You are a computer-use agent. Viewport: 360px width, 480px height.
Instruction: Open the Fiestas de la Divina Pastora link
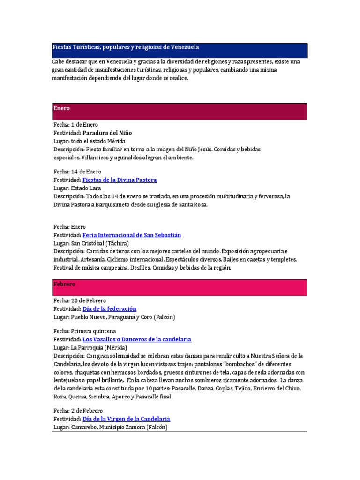coord(120,180)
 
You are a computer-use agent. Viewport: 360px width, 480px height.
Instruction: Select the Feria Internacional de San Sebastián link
coord(132,235)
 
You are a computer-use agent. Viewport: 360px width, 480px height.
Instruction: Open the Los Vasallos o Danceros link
coord(137,339)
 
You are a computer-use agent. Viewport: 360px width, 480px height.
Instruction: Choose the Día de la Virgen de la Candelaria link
coord(126,419)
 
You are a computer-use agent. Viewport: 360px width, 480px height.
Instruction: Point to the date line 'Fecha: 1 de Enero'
coord(76,125)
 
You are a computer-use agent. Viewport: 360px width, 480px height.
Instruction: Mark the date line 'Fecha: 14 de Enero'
coord(77,172)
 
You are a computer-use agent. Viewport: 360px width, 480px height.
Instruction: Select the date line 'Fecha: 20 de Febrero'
coord(80,300)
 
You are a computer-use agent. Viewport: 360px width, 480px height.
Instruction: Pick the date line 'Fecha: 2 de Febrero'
coord(78,411)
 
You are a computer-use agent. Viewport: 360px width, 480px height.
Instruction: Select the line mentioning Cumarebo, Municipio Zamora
coord(110,427)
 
